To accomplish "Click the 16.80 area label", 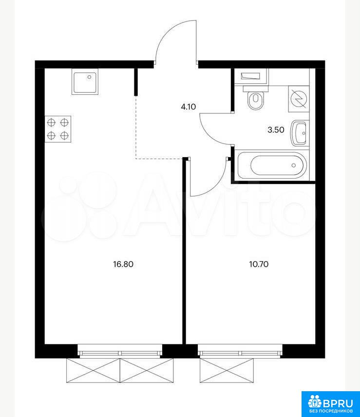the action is [123, 264].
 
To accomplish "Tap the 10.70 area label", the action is [259, 264].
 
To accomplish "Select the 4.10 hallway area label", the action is [188, 107].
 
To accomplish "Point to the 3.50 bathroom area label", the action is [276, 130].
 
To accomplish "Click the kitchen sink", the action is [85, 82].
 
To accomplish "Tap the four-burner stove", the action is [58, 129].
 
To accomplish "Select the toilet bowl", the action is [256, 98].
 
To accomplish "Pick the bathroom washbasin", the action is [299, 133].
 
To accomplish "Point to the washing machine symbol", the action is [299, 99].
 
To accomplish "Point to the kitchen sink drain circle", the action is [90, 77].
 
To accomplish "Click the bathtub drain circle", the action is [293, 165].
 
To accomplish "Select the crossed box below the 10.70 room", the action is [227, 370].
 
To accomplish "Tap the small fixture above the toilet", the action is [250, 76].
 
